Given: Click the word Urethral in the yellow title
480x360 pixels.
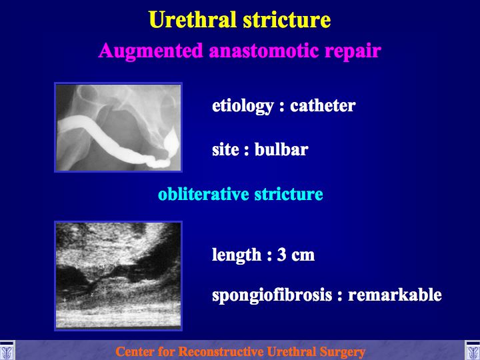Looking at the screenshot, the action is pos(193,20).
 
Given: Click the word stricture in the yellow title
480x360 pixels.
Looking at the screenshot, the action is pos(287,20).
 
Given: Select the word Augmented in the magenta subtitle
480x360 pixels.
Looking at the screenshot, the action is pos(151,51).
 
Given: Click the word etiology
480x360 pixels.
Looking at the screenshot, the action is pos(243,106).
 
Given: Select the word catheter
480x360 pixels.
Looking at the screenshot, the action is pos(323,105).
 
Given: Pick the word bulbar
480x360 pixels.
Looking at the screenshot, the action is pos(281,150).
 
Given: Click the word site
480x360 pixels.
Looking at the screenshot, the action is pos(225,150).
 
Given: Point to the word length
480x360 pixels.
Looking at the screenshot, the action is pos(237,255).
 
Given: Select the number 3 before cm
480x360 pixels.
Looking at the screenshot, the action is pos(281,255).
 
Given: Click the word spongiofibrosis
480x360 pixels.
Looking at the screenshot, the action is pos(272,295).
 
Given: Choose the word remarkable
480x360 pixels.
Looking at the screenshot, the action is pos(395,295).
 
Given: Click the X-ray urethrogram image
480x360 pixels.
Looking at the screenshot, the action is pos(118,127).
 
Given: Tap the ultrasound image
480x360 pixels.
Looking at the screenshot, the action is pos(118,276).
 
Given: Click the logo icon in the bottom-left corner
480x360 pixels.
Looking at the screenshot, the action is pos(7,350).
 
